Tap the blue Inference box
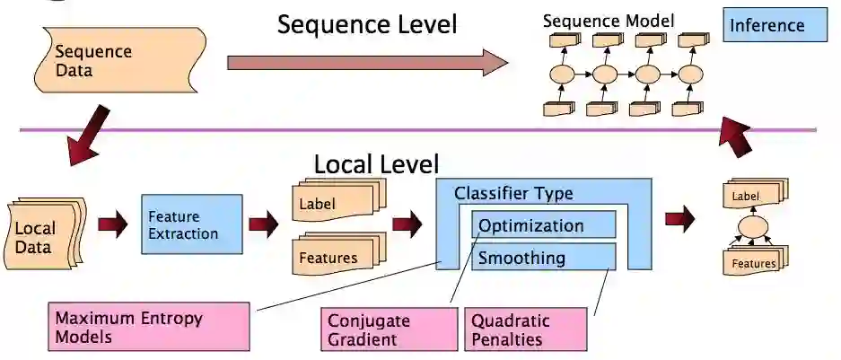click(x=775, y=25)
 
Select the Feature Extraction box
click(x=192, y=225)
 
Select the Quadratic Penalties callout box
click(x=525, y=329)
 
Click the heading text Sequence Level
click(x=366, y=24)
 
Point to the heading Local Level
click(x=376, y=164)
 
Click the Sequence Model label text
click(x=609, y=20)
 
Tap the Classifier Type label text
click(x=512, y=192)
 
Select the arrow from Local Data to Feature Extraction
click(x=112, y=224)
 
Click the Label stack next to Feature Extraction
click(x=337, y=203)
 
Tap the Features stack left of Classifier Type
click(x=337, y=256)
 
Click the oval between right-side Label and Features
click(x=752, y=225)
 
